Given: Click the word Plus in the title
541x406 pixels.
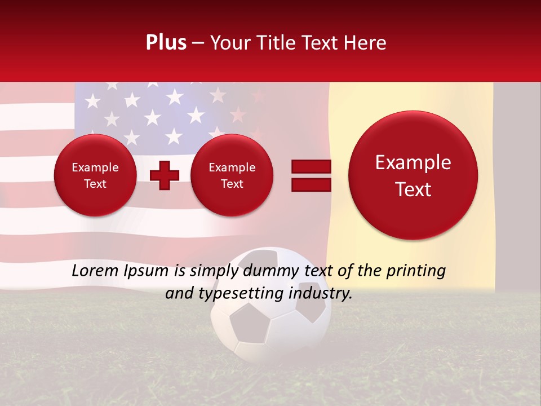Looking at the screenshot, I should pyautogui.click(x=166, y=43).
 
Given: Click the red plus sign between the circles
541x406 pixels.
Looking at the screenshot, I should pyautogui.click(x=165, y=175).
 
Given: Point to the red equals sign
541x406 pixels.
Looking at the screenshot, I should pyautogui.click(x=311, y=175).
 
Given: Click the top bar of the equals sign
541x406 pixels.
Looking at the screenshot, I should pyautogui.click(x=311, y=166).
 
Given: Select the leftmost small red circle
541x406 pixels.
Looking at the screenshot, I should pyautogui.click(x=95, y=175).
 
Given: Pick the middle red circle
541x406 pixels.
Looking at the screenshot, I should pyautogui.click(x=232, y=175).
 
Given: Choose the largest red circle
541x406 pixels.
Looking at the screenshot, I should pyautogui.click(x=413, y=175).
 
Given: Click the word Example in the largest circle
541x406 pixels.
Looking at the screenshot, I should pyautogui.click(x=413, y=162).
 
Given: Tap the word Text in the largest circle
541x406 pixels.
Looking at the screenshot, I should pyautogui.click(x=413, y=189).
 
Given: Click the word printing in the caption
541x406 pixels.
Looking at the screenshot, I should pyautogui.click(x=417, y=271).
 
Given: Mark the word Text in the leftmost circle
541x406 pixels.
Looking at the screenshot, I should pyautogui.click(x=95, y=184).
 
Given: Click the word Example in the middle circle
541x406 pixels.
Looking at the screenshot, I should pyautogui.click(x=232, y=167).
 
